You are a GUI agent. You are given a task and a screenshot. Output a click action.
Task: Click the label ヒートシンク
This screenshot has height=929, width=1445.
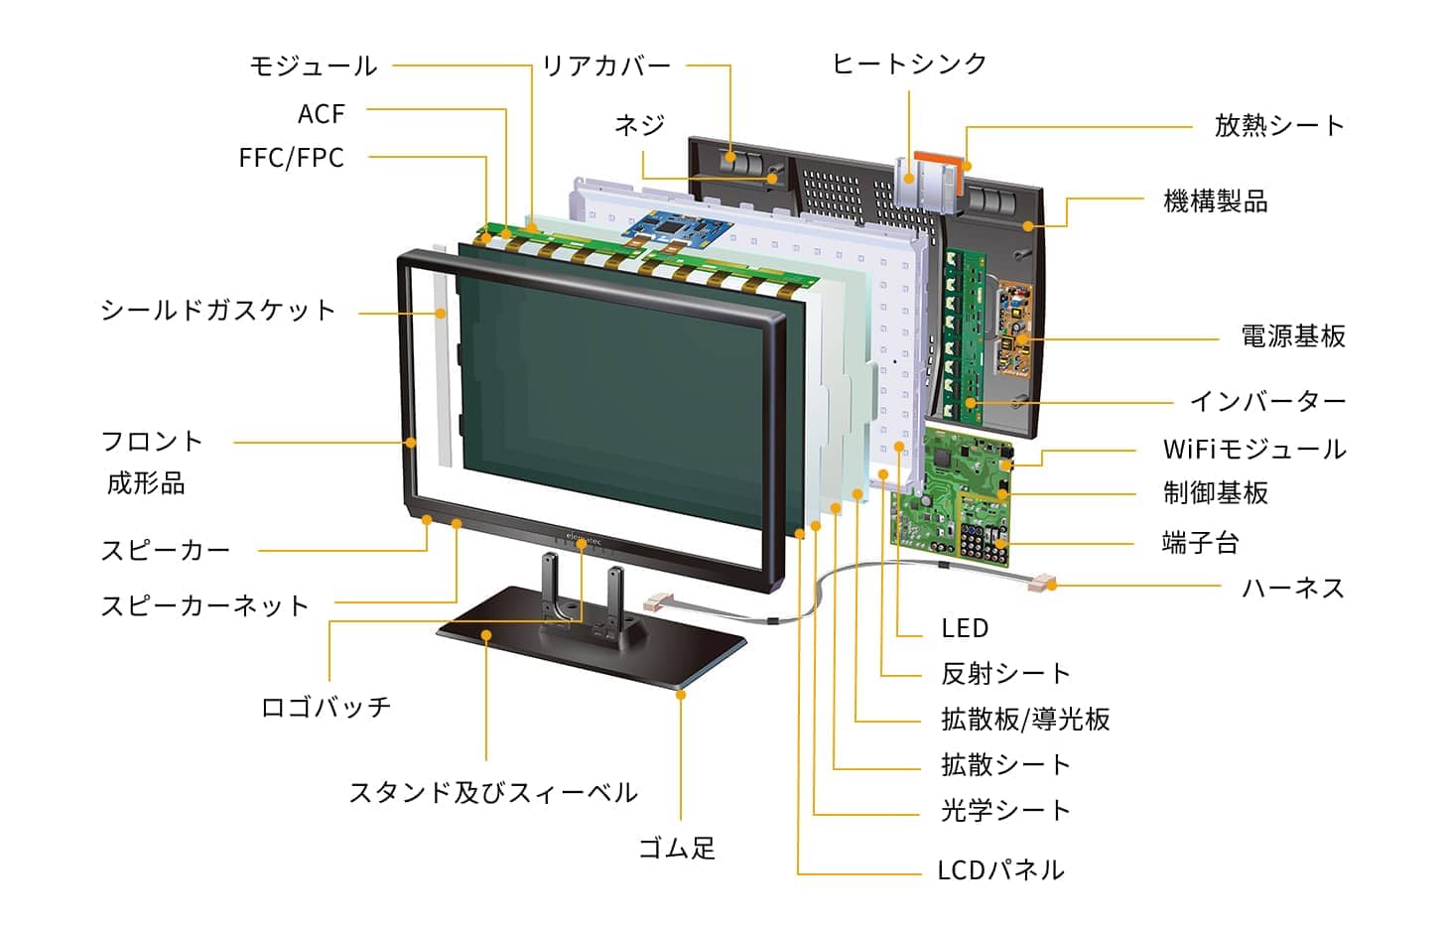coord(909,65)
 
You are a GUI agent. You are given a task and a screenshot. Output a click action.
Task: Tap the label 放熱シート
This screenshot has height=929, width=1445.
coord(1278,126)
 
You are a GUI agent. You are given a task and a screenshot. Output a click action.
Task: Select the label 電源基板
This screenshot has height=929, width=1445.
coord(1292,336)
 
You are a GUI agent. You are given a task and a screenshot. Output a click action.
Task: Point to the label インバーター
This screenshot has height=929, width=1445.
coord(1267,401)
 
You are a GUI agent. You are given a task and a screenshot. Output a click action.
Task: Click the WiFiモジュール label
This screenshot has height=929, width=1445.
coord(1254,449)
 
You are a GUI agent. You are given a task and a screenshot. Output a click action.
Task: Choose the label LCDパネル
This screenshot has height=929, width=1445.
coord(1000,870)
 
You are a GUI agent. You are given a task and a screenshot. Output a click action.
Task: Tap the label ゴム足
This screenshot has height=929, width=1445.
coord(676,848)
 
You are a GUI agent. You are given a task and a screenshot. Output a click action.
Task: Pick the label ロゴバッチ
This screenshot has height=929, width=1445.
coord(326,707)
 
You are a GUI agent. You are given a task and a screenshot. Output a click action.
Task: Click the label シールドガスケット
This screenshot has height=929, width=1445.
coord(218,311)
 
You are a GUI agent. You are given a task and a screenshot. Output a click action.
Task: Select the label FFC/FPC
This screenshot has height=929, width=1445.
coord(291,158)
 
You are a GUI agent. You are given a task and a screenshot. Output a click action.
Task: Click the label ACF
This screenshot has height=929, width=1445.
coord(321,114)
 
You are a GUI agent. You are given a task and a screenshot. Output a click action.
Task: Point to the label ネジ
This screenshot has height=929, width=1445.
coord(639,125)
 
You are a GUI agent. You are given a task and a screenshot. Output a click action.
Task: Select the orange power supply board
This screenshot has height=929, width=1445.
coord(1016,323)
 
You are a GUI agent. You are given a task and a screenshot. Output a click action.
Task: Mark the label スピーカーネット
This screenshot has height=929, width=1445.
coord(204,605)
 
